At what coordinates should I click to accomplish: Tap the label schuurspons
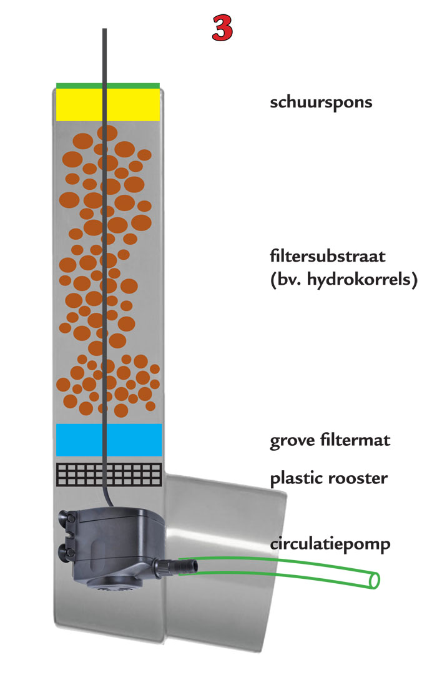tap(321, 102)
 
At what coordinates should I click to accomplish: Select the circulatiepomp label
tap(330, 544)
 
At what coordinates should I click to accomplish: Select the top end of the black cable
tap(105, 31)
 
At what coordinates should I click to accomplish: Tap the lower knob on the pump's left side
tap(66, 550)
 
